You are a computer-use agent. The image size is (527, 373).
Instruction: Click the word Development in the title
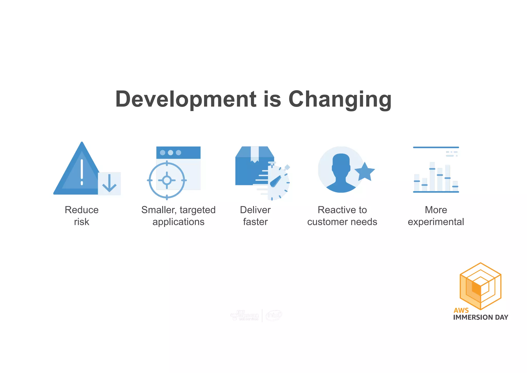coord(186,99)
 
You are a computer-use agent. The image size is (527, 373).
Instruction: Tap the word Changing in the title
coord(340,99)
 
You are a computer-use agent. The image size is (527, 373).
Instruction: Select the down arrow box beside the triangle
coord(109,183)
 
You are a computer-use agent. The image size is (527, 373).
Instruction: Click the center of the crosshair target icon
coord(167,180)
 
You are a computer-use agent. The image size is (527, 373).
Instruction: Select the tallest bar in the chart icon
coord(432,176)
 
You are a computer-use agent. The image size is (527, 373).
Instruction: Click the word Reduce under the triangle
coord(82,210)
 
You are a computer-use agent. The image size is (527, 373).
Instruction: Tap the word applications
coord(178,222)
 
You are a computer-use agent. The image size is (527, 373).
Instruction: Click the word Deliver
coord(255,210)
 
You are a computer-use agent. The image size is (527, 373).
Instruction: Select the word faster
coord(255,222)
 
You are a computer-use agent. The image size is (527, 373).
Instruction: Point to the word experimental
coord(436,222)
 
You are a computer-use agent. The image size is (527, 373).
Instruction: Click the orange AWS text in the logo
coord(461,310)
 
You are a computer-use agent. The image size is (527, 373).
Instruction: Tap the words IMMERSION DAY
coord(480,317)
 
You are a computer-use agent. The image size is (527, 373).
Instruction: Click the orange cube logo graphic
coord(480,286)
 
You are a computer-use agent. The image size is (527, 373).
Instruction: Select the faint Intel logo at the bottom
coord(274,315)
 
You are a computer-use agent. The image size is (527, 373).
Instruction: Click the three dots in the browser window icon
coord(170,153)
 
